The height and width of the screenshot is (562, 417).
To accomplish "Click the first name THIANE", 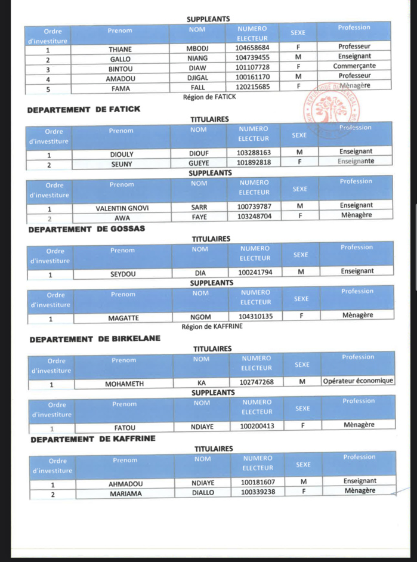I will point(120,48).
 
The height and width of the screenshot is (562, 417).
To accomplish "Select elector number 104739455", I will point(252,58).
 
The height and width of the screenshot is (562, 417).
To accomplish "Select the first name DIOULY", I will point(122,153).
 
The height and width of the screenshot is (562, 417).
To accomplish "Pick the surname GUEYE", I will point(199,162).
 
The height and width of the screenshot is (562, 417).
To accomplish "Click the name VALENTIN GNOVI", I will point(122,208).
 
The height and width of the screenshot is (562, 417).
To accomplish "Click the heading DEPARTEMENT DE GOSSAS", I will point(87,228).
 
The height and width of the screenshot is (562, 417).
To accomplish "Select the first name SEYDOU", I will point(123,274).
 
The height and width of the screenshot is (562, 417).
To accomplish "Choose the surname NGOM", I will point(200,318).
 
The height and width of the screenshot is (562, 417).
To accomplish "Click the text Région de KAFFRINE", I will point(212,327).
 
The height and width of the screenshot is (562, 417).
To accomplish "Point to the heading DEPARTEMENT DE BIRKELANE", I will point(95,339).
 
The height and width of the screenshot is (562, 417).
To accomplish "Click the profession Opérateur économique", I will point(358,381).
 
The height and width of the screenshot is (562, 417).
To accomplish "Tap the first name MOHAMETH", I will point(125,384).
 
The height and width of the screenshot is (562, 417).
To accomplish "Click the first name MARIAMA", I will point(126,494).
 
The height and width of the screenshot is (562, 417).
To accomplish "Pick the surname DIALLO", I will point(203,493).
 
